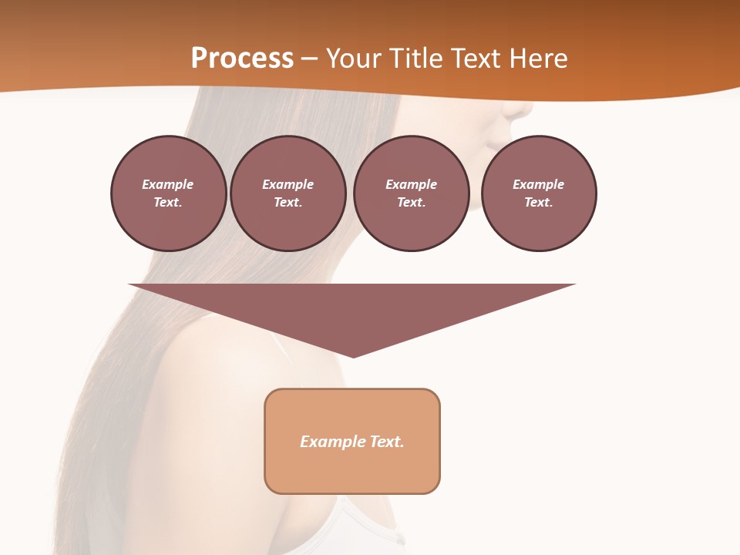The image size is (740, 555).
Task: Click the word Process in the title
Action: coord(242,59)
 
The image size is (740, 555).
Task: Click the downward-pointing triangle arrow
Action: coord(352,308)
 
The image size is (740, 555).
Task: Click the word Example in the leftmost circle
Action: coord(168,184)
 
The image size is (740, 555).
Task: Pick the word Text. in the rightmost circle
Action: coord(539,202)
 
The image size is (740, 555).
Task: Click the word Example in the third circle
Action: coord(411,184)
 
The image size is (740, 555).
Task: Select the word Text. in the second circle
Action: coord(288,202)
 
